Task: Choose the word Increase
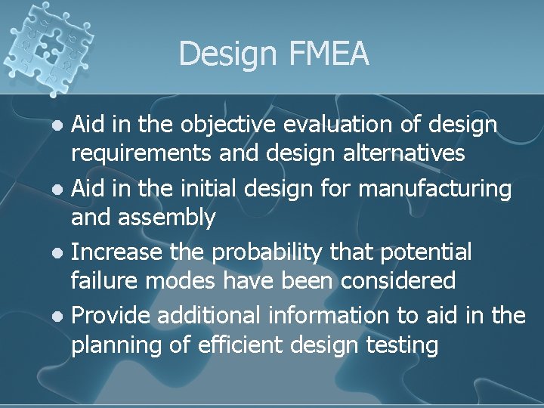pos(119,251)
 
